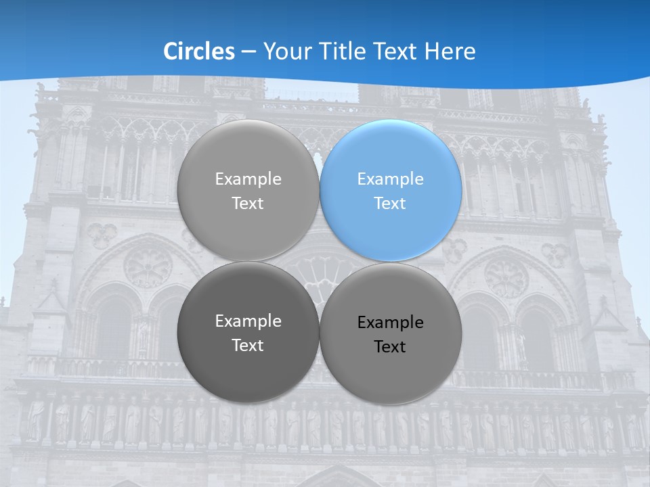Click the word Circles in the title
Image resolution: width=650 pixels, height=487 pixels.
tap(198, 51)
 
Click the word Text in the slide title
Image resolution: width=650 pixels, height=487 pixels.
tap(399, 51)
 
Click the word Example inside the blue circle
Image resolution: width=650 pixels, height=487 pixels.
tap(390, 179)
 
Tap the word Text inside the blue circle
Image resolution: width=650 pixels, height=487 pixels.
tap(390, 204)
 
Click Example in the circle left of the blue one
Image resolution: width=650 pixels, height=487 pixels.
tap(248, 179)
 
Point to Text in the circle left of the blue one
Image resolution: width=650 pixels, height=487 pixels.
tap(248, 204)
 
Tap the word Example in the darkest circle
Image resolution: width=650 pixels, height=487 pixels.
tap(248, 321)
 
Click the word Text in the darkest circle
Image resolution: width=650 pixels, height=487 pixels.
tap(248, 346)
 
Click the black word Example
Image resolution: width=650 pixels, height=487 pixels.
tap(390, 323)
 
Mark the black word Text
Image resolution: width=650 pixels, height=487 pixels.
tap(390, 347)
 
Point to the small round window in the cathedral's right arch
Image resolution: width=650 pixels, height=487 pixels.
tap(506, 277)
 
